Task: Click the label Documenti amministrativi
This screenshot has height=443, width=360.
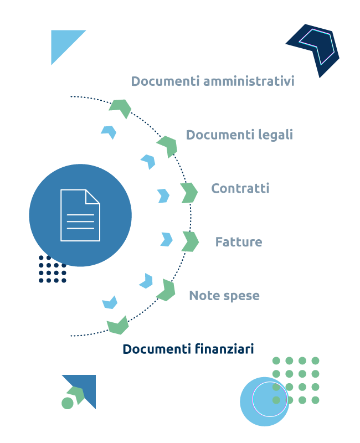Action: pos(213,81)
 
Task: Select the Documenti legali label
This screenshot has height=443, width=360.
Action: pos(239,135)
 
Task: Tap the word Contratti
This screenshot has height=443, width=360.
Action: pos(240,188)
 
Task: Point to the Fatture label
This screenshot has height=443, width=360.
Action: pos(239,242)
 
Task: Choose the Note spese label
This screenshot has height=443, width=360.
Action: pos(224,296)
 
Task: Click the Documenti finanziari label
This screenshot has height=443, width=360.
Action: pos(188,349)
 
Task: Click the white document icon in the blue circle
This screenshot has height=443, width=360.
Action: pos(80,215)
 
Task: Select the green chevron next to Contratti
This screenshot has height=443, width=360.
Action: pos(189,193)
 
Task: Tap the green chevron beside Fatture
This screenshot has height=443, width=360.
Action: pos(191,241)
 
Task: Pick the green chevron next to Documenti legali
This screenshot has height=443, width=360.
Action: pos(168,146)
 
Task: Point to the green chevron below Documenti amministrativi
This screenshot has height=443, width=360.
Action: pos(121,107)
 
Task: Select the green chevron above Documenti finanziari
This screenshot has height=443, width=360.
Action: pos(119,326)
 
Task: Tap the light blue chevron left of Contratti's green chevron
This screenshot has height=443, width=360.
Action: pos(163,195)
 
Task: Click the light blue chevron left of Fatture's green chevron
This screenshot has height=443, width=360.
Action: pos(167,239)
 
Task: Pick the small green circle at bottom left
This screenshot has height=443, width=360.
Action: pos(68,403)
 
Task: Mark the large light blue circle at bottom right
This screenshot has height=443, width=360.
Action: pos(264,401)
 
